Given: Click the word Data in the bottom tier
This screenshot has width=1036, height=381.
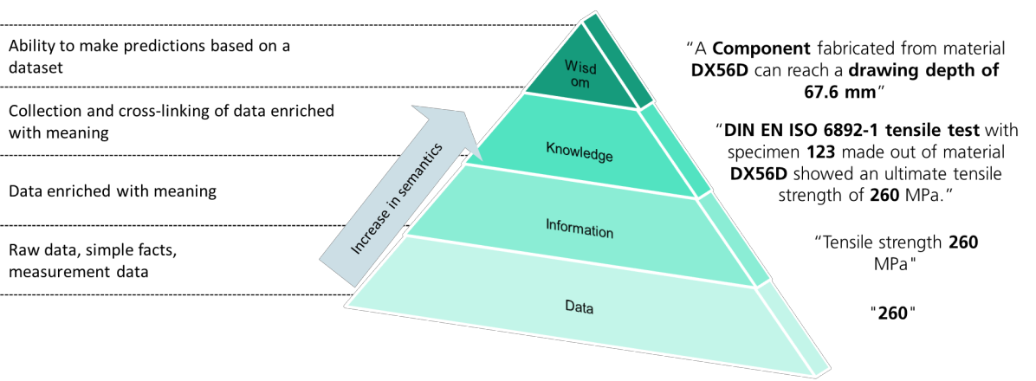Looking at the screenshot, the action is (x=579, y=306).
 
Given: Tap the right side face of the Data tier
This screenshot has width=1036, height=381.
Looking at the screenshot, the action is (x=793, y=329).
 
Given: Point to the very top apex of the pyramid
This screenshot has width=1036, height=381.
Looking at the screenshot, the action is (x=582, y=20).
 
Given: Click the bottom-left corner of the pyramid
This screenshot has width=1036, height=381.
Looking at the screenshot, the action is (x=346, y=305).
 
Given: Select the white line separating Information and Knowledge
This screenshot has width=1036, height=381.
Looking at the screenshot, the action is (x=580, y=180).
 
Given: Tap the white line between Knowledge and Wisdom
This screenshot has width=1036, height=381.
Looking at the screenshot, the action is (x=580, y=100).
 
